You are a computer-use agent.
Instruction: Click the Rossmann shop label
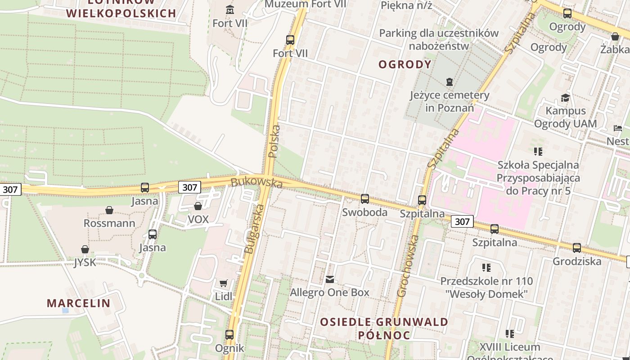tap(109, 223)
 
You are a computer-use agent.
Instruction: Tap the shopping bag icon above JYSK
tap(85, 249)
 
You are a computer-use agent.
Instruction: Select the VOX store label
tap(198, 219)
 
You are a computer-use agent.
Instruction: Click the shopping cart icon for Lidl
tap(223, 283)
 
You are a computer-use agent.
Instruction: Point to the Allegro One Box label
tap(329, 292)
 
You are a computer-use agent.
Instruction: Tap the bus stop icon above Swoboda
tap(364, 198)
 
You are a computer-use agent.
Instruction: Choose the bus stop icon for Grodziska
tap(576, 248)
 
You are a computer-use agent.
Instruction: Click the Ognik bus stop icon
tap(229, 335)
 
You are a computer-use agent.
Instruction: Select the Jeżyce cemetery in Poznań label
tap(449, 101)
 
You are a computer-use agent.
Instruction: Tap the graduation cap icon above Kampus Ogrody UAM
tap(565, 98)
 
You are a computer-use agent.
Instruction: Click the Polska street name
tap(274, 141)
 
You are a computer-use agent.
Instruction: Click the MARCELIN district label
tap(79, 303)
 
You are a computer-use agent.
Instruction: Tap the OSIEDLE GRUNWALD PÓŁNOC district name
tap(384, 328)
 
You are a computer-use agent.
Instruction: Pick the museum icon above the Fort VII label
tap(230, 9)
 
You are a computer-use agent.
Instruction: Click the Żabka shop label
tap(614, 49)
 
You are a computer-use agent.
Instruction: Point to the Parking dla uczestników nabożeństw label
tap(439, 40)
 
